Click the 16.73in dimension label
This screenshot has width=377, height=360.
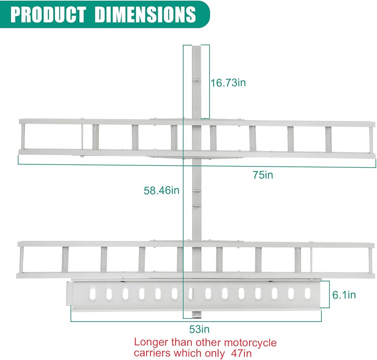pos(228,82)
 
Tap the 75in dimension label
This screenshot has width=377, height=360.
pos(263,175)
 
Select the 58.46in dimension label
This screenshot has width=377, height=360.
pos(161,191)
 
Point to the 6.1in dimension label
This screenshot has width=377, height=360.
pos(344,295)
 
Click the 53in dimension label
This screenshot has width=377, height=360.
pos(199,329)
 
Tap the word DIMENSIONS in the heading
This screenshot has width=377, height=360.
pos(145,14)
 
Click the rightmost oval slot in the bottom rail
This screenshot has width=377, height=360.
pos(307,294)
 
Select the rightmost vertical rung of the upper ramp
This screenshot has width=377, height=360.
pos(328,139)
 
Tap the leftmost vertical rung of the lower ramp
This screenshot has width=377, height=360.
pos(65,259)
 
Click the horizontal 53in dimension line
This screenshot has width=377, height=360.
pos(196,321)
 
